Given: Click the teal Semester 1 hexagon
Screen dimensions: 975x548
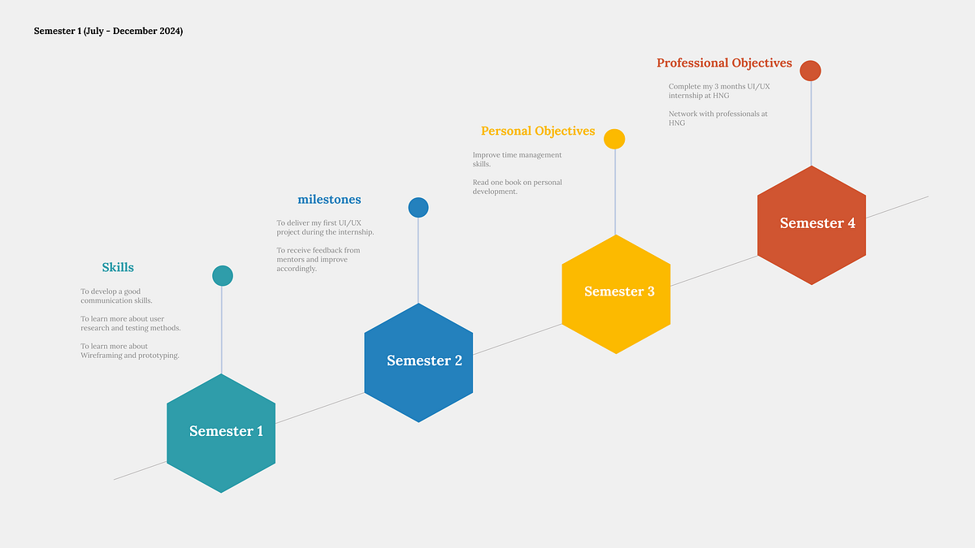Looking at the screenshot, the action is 221,434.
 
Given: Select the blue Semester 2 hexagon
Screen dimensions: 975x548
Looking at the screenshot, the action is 418,363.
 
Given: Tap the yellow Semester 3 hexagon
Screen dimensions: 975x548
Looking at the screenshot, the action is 616,295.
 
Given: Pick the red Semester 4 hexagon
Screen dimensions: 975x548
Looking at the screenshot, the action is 812,226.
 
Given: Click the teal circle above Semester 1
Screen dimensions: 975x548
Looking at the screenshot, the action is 223,276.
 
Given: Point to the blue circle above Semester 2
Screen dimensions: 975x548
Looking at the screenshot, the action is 418,208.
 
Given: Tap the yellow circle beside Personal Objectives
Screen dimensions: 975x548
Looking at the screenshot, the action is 614,139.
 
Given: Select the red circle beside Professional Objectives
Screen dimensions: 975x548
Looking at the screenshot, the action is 811,71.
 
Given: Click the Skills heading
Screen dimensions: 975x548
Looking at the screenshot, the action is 118,267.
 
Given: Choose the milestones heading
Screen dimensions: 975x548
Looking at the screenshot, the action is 329,199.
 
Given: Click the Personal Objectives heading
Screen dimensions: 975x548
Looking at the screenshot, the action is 538,131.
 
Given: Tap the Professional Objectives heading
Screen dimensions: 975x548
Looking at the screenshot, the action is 724,63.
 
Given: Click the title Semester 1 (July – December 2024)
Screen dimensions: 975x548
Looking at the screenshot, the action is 108,31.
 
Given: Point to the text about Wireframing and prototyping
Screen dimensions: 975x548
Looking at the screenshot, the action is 130,351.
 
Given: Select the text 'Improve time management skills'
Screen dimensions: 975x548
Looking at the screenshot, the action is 517,159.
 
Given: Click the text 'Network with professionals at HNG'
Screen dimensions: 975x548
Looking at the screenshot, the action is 717,119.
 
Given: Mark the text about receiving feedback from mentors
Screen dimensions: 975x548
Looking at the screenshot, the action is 318,259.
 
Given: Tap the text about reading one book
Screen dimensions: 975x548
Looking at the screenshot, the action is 517,187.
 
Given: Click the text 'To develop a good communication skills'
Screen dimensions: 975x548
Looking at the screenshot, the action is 116,296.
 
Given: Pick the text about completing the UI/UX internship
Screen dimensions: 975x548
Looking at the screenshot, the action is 719,91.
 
